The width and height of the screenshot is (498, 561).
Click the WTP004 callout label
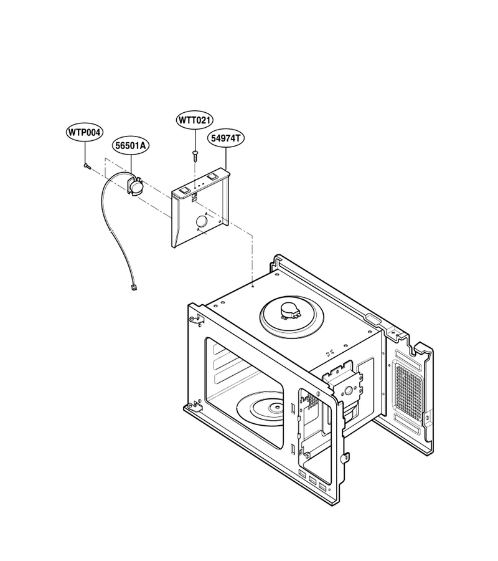point(85,132)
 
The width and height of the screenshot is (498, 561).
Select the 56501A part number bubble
point(130,146)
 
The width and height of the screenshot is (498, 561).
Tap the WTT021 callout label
point(195,120)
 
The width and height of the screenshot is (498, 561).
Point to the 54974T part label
point(226,138)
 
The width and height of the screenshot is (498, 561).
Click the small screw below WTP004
point(87,166)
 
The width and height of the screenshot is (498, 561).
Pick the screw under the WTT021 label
point(195,156)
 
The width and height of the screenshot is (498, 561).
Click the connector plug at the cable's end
point(134,287)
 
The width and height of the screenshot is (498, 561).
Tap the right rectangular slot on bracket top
point(212,176)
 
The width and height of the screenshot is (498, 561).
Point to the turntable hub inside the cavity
point(276,407)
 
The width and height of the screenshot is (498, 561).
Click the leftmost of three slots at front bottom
point(303,474)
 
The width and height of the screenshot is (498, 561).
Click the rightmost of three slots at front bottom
point(322,487)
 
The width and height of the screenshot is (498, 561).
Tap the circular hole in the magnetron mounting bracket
point(347,391)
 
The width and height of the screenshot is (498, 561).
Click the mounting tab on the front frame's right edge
point(346,458)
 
